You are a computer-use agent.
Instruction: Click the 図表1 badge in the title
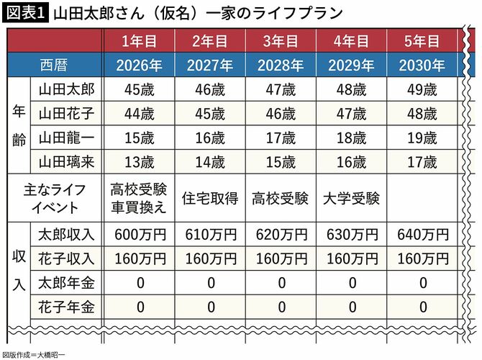[25, 14]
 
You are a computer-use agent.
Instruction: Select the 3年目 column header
[281, 41]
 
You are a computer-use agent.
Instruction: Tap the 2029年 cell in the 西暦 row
[351, 66]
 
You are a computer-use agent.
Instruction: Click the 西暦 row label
[54, 66]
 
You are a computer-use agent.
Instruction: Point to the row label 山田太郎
[66, 89]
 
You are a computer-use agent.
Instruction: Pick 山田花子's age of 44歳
[140, 114]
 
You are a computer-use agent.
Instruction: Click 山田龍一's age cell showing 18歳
[351, 138]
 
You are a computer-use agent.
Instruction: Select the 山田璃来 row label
[66, 162]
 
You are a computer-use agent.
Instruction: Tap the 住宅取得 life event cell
[210, 198]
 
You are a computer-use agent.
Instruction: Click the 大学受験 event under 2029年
[351, 198]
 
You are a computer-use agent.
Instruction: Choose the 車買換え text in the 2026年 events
[139, 207]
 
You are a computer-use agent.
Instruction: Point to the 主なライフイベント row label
[55, 199]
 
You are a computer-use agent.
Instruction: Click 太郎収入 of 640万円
[423, 235]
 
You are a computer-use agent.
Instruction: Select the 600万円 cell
[140, 235]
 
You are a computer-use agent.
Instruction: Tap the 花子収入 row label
[66, 258]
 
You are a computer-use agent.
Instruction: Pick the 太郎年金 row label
[66, 283]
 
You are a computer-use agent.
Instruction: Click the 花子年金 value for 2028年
[281, 307]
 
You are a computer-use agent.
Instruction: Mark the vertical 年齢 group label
[19, 125]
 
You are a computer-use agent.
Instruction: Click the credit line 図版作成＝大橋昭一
[34, 355]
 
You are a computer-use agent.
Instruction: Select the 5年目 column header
[422, 41]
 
